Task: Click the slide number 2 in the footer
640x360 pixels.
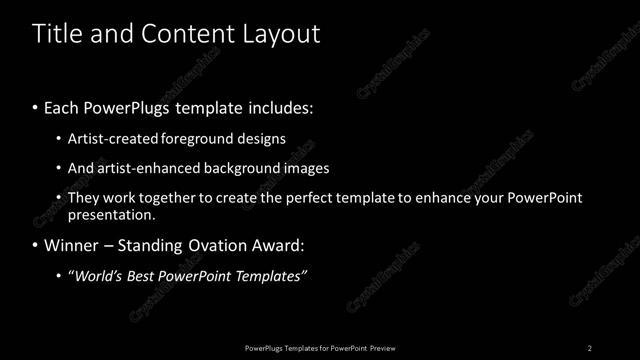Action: click(x=590, y=347)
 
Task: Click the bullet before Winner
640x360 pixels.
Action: click(x=35, y=245)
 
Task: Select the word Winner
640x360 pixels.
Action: click(x=69, y=245)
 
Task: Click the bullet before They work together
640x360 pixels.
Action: click(x=58, y=198)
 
